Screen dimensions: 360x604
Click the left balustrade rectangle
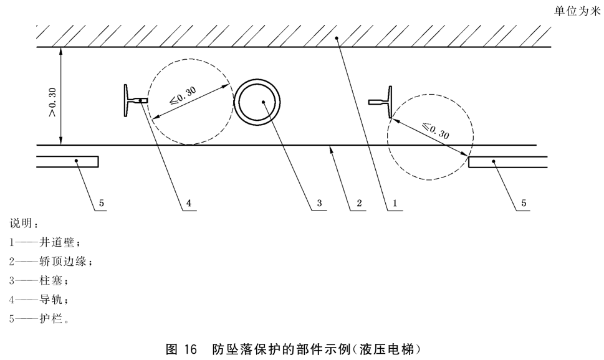[67, 162]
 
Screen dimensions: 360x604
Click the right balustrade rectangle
[508, 162]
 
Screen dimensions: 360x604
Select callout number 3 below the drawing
[319, 203]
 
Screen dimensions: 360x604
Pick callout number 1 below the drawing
[395, 203]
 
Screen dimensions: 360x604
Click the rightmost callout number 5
[524, 203]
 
